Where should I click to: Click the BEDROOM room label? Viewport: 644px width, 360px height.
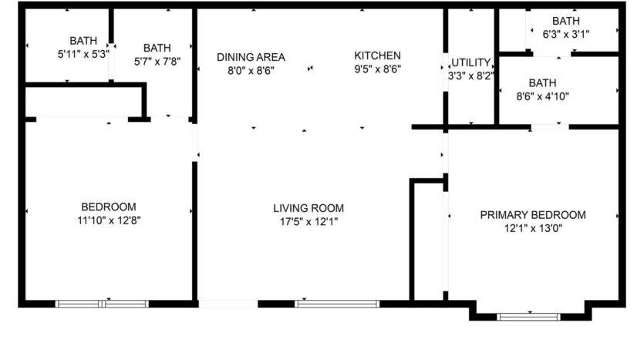point(109,207)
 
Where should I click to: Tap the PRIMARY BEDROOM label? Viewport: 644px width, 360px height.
point(533,215)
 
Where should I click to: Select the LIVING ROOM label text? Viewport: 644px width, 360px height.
point(309,208)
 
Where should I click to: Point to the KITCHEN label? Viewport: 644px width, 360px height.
point(377,56)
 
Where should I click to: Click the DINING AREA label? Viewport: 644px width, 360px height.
point(251,57)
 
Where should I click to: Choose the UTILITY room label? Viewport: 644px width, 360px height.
point(471,62)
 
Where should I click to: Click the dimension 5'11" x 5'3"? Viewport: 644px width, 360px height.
point(83,54)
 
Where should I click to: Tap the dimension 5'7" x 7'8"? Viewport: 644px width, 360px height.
point(157,62)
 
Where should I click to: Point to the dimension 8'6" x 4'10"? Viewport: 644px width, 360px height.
point(543,96)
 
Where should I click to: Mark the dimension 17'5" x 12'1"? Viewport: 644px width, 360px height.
point(309,221)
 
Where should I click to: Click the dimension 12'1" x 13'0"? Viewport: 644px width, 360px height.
point(533,228)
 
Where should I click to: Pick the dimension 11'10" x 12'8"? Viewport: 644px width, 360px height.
point(109,220)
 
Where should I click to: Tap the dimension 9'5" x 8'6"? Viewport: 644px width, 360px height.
point(377,69)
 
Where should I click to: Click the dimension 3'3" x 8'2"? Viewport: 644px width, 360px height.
point(471,76)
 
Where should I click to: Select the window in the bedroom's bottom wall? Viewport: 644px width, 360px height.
point(102,304)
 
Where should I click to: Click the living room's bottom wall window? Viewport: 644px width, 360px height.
point(338,304)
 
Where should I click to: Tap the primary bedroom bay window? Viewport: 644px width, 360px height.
point(529,316)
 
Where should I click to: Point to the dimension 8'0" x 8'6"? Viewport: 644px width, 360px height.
point(251,70)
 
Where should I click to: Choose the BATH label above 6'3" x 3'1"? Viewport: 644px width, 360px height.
point(566,21)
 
